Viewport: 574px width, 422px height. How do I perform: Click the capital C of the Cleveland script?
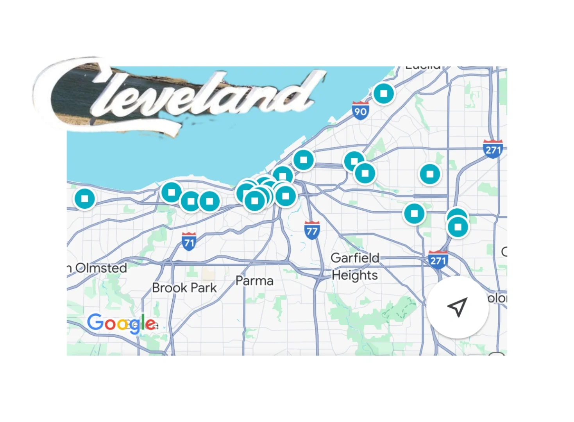point(74,94)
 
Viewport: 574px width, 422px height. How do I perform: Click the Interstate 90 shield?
point(360,111)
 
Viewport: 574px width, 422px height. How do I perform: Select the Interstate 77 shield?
point(312,231)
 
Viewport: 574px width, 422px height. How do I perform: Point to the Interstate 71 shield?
point(189,241)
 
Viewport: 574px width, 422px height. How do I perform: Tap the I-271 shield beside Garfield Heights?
point(438,260)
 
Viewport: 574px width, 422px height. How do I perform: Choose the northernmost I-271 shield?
point(493,149)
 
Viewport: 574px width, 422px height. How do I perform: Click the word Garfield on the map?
point(355,258)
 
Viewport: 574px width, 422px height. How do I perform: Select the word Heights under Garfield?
point(355,275)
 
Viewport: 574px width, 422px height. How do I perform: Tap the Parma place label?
point(254,281)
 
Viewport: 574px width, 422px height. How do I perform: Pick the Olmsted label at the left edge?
point(101,268)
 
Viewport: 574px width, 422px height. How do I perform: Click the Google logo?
point(122,324)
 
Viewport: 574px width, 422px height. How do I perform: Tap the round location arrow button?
point(458,307)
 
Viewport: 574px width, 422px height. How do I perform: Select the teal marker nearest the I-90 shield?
point(384,94)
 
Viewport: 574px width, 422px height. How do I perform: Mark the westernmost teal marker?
point(85,199)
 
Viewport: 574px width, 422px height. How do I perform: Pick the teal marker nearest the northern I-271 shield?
point(430,174)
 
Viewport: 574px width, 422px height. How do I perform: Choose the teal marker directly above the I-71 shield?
point(191,202)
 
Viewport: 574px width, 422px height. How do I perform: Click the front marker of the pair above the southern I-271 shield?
point(458,227)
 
